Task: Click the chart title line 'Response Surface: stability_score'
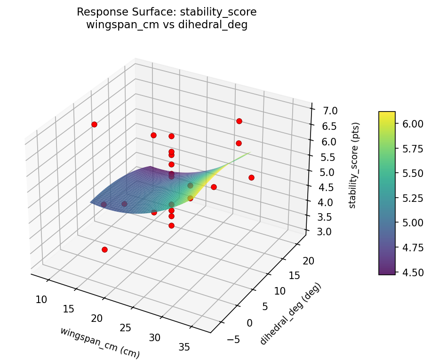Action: tap(167, 12)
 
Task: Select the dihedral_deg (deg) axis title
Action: tap(290, 313)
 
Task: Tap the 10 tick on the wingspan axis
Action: tap(41, 299)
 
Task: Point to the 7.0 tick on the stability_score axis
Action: tap(327, 111)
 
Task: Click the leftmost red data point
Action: tap(94, 124)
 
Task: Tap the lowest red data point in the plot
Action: tap(104, 249)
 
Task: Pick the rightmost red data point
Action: tap(251, 177)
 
